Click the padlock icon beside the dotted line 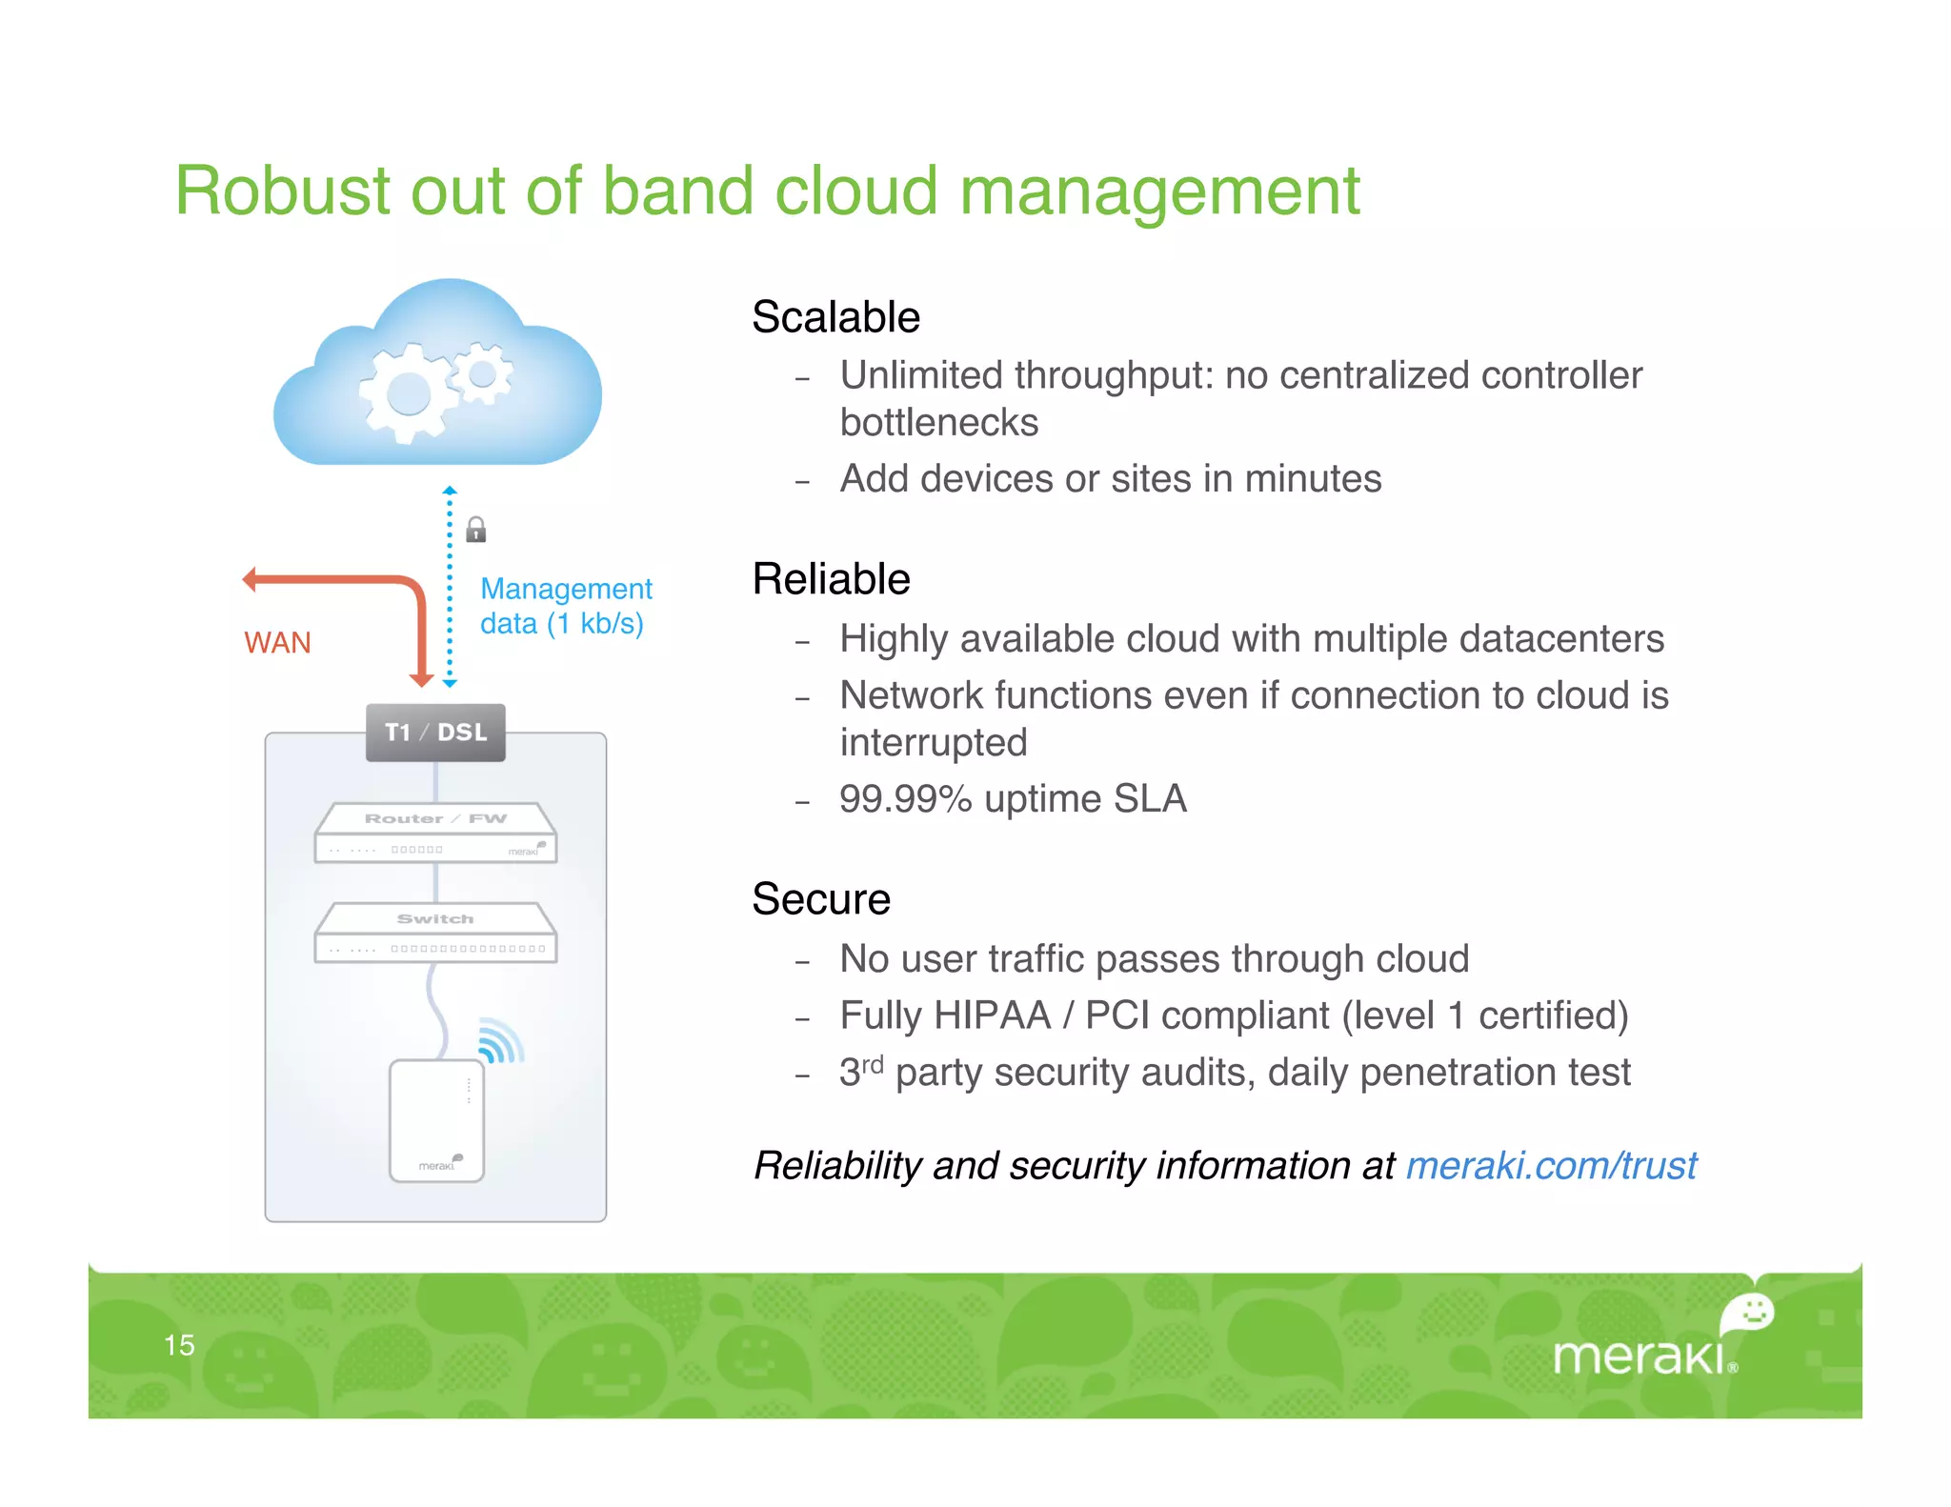point(476,530)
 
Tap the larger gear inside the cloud point(408,393)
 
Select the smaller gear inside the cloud point(482,373)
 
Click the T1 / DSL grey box point(435,732)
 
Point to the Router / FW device point(435,834)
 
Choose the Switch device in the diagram point(435,934)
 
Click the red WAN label point(277,643)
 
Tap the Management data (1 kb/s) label point(565,606)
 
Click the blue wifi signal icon point(499,1042)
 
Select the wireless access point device point(436,1121)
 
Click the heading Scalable point(835,317)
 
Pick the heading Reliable point(831,579)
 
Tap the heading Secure point(820,899)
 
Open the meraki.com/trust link point(1551,1166)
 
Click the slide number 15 point(179,1345)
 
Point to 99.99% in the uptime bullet point(904,799)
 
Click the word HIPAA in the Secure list point(992,1015)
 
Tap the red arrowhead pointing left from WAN point(251,579)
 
